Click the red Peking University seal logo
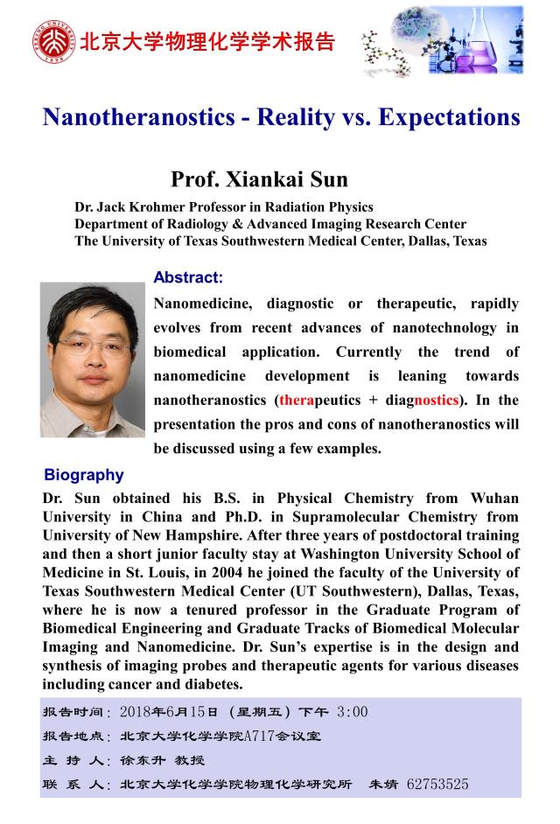pos(54,41)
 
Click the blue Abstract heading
pos(188,277)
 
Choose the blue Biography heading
pos(84,475)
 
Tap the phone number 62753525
pos(437,785)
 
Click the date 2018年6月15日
pos(167,711)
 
